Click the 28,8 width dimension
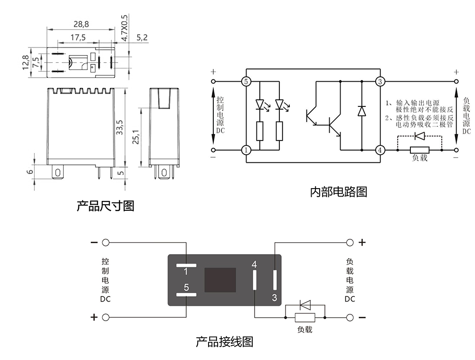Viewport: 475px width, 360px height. [81, 24]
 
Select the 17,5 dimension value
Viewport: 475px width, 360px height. [78, 38]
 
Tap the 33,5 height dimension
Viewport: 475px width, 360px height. [120, 127]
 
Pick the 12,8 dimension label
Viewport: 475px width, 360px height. [25, 62]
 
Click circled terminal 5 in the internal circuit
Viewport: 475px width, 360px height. [246, 81]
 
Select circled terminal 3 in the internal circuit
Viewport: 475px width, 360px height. [380, 81]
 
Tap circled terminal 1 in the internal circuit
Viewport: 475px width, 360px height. [246, 150]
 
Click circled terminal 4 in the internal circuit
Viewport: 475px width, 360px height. [380, 150]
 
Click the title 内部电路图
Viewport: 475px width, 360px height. [338, 192]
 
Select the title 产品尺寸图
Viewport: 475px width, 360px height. [105, 206]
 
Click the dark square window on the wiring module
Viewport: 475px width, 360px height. [220, 280]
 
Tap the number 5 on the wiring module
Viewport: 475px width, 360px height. [186, 287]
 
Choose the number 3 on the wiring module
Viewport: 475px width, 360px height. [274, 298]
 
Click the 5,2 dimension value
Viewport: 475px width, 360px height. [142, 38]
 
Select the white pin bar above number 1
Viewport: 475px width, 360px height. [186, 264]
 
